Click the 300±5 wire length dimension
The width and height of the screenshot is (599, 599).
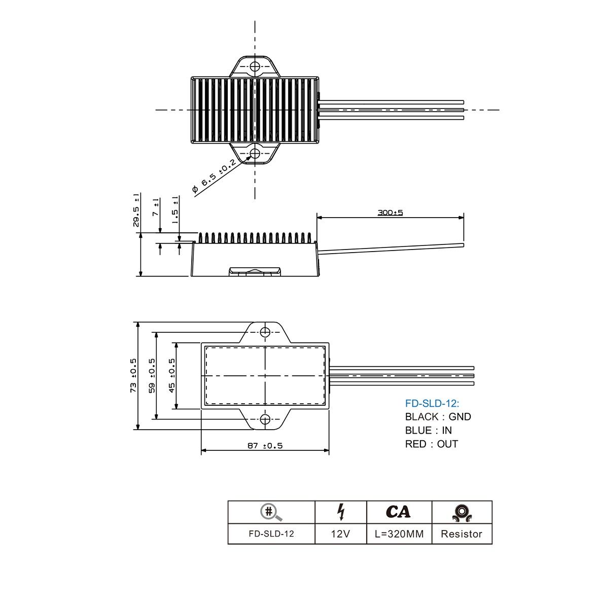point(390,213)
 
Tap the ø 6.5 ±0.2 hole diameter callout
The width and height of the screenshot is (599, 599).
point(214,176)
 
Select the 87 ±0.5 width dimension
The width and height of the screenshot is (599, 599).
point(265,445)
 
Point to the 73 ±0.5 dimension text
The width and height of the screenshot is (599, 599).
point(133,375)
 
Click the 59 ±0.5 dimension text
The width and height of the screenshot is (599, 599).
point(152,375)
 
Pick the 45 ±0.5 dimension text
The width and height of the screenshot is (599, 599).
point(172,375)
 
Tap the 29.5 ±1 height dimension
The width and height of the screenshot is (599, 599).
point(136,210)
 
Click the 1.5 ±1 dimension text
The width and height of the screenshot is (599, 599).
point(175,210)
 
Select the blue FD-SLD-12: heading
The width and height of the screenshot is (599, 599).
point(432,403)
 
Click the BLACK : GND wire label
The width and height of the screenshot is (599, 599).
point(438,416)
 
